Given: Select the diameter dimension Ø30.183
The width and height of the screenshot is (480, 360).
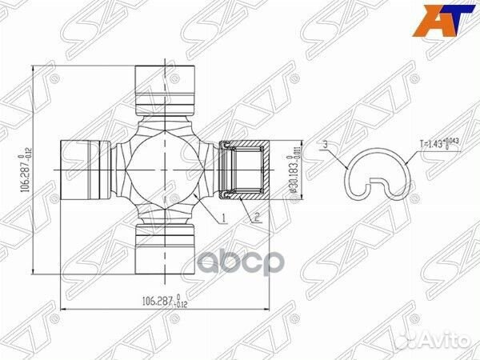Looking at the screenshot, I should (x=294, y=169).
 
